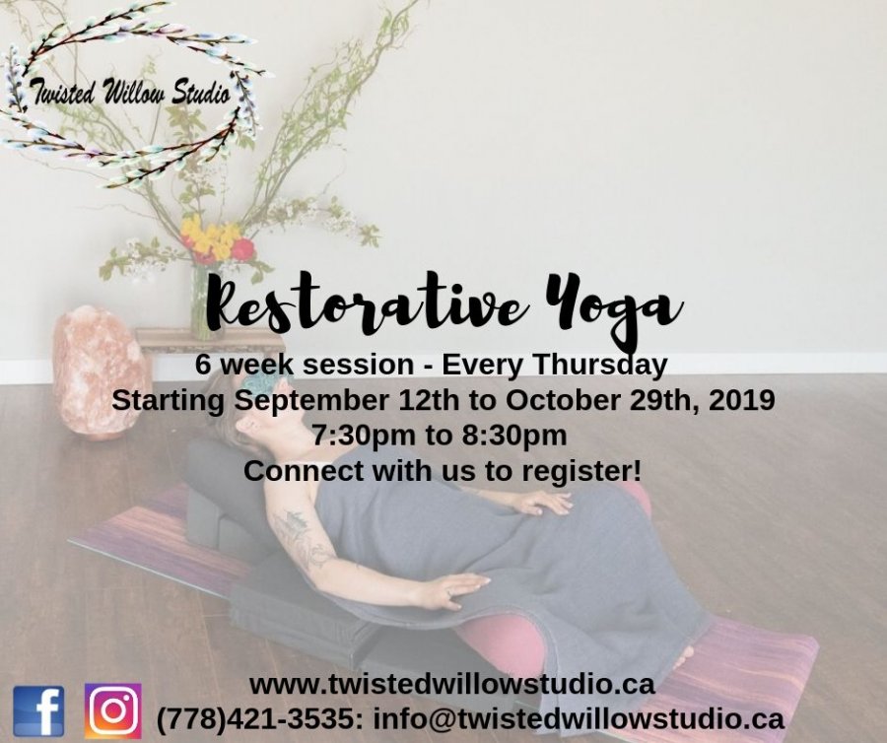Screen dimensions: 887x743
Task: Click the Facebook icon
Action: (38, 710)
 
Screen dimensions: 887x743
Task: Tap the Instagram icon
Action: (112, 710)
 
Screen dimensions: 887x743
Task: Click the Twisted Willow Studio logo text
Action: (131, 93)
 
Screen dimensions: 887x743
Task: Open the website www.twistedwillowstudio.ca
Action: (452, 685)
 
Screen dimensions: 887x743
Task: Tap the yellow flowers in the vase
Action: (211, 238)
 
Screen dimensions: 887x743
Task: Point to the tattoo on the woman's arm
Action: (300, 538)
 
